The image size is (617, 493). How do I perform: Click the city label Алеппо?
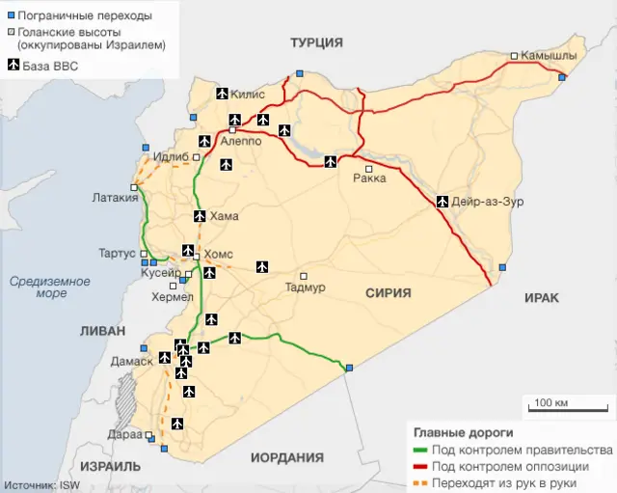pos(241,141)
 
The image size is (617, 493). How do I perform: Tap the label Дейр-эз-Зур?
pos(488,202)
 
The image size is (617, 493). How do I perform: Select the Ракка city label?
pos(369,178)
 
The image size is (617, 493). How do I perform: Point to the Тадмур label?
pos(306,288)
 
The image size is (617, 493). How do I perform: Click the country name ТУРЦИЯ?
pos(317,41)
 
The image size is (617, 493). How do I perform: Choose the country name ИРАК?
pos(541,298)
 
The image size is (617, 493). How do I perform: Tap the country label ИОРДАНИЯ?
pos(286,458)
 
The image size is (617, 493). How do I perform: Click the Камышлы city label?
pos(549,56)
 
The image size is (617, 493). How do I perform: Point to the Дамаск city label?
pos(132,361)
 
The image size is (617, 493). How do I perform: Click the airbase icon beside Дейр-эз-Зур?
pos(443,202)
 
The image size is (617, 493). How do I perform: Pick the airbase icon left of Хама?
pos(200,216)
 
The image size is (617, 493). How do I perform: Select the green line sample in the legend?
pos(419,451)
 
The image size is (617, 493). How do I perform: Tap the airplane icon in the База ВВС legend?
pos(14,66)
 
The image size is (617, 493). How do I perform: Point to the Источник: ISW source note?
pos(42,485)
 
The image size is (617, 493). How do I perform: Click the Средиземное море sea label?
pos(50,287)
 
